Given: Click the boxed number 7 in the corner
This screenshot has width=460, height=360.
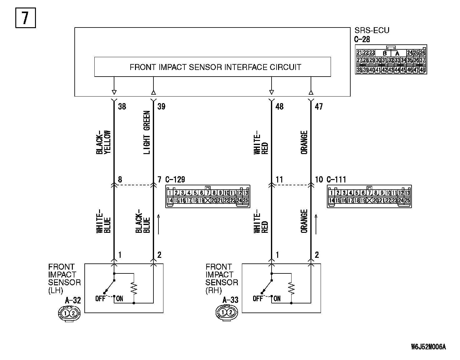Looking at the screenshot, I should point(25,18).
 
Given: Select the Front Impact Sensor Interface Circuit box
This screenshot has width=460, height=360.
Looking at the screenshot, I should point(212,67).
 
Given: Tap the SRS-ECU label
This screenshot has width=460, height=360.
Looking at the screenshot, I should point(372,30).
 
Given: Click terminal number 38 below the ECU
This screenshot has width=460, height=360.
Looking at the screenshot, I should point(122,107).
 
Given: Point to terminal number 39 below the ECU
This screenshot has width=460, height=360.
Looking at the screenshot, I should point(161,107).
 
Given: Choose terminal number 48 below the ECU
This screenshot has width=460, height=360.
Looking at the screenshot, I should point(279,107).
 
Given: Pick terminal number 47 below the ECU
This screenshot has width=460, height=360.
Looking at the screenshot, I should point(319,107).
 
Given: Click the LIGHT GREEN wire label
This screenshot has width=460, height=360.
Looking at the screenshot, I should point(147,132).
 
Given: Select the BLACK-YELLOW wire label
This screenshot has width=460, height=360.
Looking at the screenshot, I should point(103,142).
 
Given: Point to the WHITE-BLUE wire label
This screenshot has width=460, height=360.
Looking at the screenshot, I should point(103,221).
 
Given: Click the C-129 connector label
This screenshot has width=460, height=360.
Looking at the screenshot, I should point(175,180).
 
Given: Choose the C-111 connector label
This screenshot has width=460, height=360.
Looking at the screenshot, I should point(337,180).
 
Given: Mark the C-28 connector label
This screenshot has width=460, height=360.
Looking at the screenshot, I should point(362,39).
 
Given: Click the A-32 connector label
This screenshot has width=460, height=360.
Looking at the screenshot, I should point(73,301).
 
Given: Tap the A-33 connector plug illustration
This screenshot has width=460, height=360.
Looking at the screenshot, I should point(226,312).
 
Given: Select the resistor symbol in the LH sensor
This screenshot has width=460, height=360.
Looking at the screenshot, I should point(134,288).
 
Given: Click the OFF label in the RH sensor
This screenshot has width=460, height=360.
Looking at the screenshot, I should point(258,298).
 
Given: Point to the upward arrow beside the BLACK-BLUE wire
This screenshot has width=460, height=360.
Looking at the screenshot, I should point(159,224).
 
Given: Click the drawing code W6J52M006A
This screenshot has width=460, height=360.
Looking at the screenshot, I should point(428,347).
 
